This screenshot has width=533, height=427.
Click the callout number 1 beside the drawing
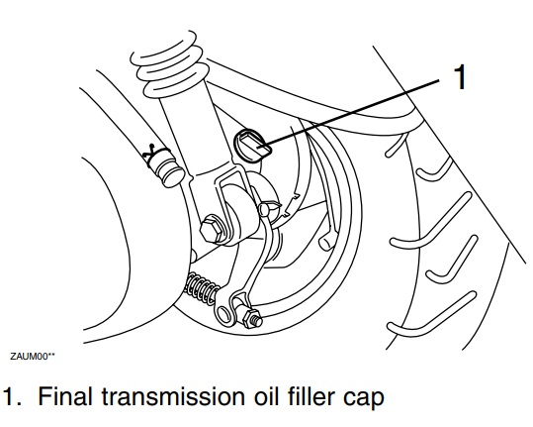coord(460,78)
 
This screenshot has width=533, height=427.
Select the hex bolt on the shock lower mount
coord(211,230)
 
